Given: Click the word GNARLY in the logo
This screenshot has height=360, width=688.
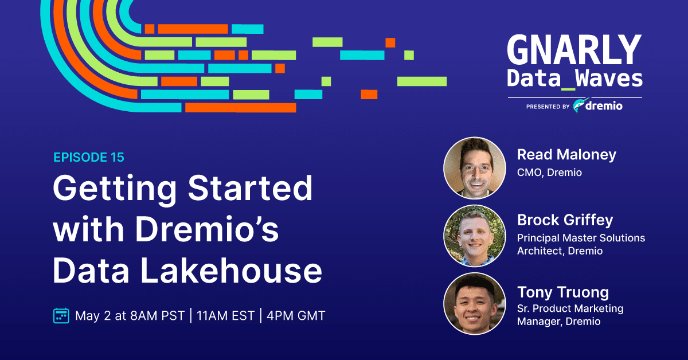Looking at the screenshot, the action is pyautogui.click(x=574, y=49).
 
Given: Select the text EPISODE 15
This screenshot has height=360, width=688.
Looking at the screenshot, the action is pyautogui.click(x=89, y=157).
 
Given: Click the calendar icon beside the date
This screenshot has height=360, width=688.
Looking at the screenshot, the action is pyautogui.click(x=61, y=315).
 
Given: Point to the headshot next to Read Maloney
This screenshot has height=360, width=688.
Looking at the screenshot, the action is pyautogui.click(x=475, y=168).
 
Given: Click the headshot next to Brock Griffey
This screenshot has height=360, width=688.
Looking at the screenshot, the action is pyautogui.click(x=475, y=236).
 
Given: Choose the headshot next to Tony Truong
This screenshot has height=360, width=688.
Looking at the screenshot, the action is pyautogui.click(x=475, y=303).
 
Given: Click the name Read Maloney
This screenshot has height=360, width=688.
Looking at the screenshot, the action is pyautogui.click(x=566, y=155).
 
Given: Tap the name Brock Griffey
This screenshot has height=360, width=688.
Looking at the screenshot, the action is pyautogui.click(x=565, y=220).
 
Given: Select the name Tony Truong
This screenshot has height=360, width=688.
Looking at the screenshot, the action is pyautogui.click(x=563, y=292).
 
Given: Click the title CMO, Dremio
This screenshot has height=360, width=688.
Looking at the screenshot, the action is pyautogui.click(x=549, y=173).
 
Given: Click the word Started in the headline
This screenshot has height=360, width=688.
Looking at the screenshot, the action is pyautogui.click(x=251, y=187).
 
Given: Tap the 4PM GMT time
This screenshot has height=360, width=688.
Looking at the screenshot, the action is pyautogui.click(x=296, y=316).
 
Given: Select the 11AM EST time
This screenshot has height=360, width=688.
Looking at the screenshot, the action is pyautogui.click(x=226, y=316).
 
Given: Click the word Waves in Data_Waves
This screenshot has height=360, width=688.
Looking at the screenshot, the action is pyautogui.click(x=609, y=78).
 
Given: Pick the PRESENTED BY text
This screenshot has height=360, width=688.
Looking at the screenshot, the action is pyautogui.click(x=548, y=107).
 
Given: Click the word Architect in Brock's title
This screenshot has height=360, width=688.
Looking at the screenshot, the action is pyautogui.click(x=541, y=251).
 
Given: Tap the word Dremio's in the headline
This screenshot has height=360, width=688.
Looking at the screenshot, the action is pyautogui.click(x=207, y=229).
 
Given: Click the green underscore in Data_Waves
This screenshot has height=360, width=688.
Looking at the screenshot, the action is pyautogui.click(x=568, y=89).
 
